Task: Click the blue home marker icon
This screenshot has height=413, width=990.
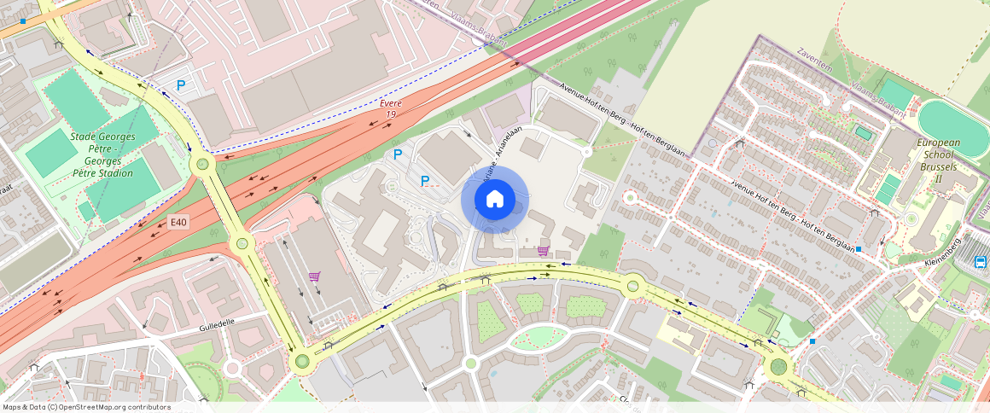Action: pos(494,200)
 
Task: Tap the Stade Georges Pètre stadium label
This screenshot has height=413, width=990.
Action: pos(102,154)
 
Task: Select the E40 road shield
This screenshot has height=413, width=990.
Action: pos(178,223)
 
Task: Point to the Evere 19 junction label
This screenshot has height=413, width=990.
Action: pos(391,108)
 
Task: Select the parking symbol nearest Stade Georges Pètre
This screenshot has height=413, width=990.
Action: pos(181,85)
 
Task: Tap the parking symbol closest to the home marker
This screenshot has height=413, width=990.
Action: pos(424,180)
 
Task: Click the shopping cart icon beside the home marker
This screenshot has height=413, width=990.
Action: pos(543,251)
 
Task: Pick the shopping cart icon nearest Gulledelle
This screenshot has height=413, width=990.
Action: pos(314,276)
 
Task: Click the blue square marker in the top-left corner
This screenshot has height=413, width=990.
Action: pos(22,20)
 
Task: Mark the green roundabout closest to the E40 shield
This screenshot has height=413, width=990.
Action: pos(242,244)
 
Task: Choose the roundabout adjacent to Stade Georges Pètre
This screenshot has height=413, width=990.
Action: pos(202,164)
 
